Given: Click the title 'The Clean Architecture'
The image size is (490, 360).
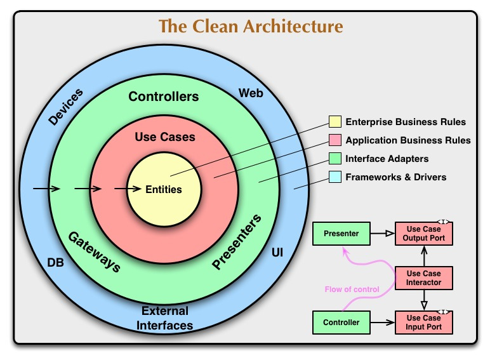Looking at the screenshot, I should coord(251,26).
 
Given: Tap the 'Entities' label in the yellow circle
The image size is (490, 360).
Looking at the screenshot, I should coord(164,189).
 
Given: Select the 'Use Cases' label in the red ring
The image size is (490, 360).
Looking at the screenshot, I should coord(165,137).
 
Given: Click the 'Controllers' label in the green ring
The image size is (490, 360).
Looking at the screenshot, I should coord(164,97).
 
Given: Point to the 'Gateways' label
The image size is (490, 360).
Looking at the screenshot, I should coord(94,251).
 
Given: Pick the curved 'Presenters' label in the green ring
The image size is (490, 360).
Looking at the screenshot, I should coord(237,243).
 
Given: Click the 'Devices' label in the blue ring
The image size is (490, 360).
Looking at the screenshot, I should coord(65,107).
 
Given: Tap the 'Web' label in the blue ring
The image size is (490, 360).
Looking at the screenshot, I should coord(251,93).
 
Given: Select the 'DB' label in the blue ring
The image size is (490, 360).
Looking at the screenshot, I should coord(55,262).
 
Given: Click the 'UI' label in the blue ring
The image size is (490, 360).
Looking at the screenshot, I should coord(277,253).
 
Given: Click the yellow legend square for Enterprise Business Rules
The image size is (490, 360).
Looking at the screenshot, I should coord(334,122).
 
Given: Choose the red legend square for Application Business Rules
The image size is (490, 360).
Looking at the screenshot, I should coord(334,140).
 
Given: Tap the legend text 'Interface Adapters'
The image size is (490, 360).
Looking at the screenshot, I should coord(387,159).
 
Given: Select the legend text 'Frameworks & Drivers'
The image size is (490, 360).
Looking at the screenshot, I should coord(395,177).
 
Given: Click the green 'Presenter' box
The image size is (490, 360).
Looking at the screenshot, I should coord(341,234).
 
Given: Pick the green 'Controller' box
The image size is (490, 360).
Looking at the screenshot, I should coord(341,323).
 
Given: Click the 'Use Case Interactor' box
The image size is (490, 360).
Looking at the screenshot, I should coord(424,277).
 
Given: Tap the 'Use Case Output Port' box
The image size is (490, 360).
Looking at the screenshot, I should coord(424,234).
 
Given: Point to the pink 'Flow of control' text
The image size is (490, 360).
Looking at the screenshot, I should coord(352,290).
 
